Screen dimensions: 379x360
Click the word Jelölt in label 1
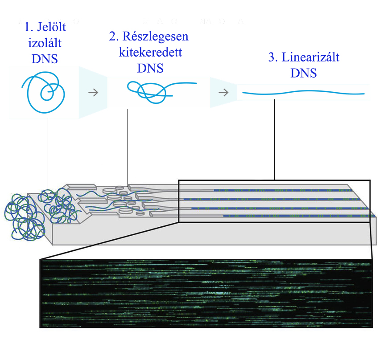coord(51,27)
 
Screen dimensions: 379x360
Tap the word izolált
coord(45,43)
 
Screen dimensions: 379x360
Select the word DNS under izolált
coord(45,59)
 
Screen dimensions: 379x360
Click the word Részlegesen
coord(156,37)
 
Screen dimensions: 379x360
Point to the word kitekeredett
coord(150,52)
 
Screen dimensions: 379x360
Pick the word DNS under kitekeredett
coord(150,68)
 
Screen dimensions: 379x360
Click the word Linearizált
coord(311,57)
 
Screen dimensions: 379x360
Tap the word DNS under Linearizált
coord(304,73)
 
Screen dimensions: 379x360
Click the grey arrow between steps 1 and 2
coord(93,93)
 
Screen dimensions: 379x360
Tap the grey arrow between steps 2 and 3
coord(223,93)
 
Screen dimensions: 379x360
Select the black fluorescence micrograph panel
coord(206,293)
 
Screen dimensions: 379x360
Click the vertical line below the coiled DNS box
coord(48,154)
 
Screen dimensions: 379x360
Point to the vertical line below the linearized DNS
coord(274,139)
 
